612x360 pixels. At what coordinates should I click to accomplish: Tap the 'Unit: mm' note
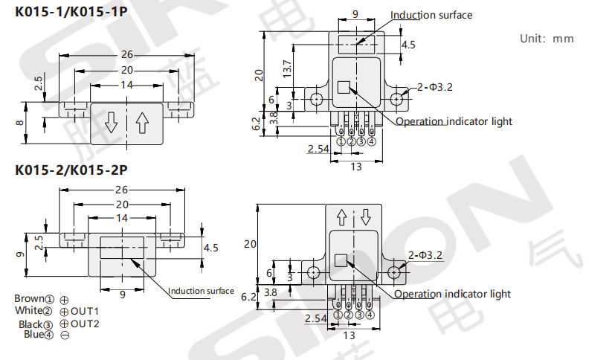pyautogui.click(x=547, y=39)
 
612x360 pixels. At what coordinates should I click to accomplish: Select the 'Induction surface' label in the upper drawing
pyautogui.click(x=431, y=15)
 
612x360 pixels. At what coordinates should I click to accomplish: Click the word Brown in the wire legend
pyautogui.click(x=29, y=299)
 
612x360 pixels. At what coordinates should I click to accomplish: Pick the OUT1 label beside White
pyautogui.click(x=84, y=311)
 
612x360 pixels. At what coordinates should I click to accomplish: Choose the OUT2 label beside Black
pyautogui.click(x=85, y=324)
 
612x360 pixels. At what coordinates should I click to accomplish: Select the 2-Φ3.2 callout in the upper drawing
pyautogui.click(x=435, y=87)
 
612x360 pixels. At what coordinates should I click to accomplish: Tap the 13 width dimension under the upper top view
pyautogui.click(x=356, y=167)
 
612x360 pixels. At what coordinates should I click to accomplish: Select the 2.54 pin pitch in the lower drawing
pyautogui.click(x=315, y=318)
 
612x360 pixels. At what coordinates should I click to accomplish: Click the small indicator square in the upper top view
pyautogui.click(x=343, y=87)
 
